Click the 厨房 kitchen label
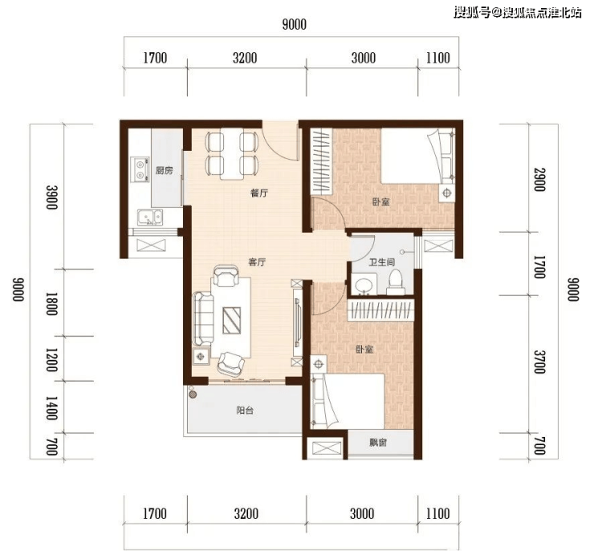click(x=164, y=170)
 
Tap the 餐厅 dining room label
click(x=259, y=193)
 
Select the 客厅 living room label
click(x=257, y=262)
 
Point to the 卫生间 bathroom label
click(x=382, y=262)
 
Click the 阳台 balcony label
click(x=245, y=410)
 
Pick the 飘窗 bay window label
click(x=378, y=442)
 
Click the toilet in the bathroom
click(x=396, y=282)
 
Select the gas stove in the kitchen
click(x=140, y=169)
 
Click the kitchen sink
click(x=150, y=217)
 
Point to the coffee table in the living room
click(x=231, y=321)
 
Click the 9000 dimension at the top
click(x=295, y=25)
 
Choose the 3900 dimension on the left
click(x=51, y=196)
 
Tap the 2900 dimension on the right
click(x=540, y=180)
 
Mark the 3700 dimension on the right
click(x=540, y=362)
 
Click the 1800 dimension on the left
click(x=51, y=303)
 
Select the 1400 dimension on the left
click(x=51, y=408)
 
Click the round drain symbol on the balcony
click(x=193, y=395)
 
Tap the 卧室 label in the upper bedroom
click(x=380, y=201)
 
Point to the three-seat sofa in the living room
click(x=203, y=318)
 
